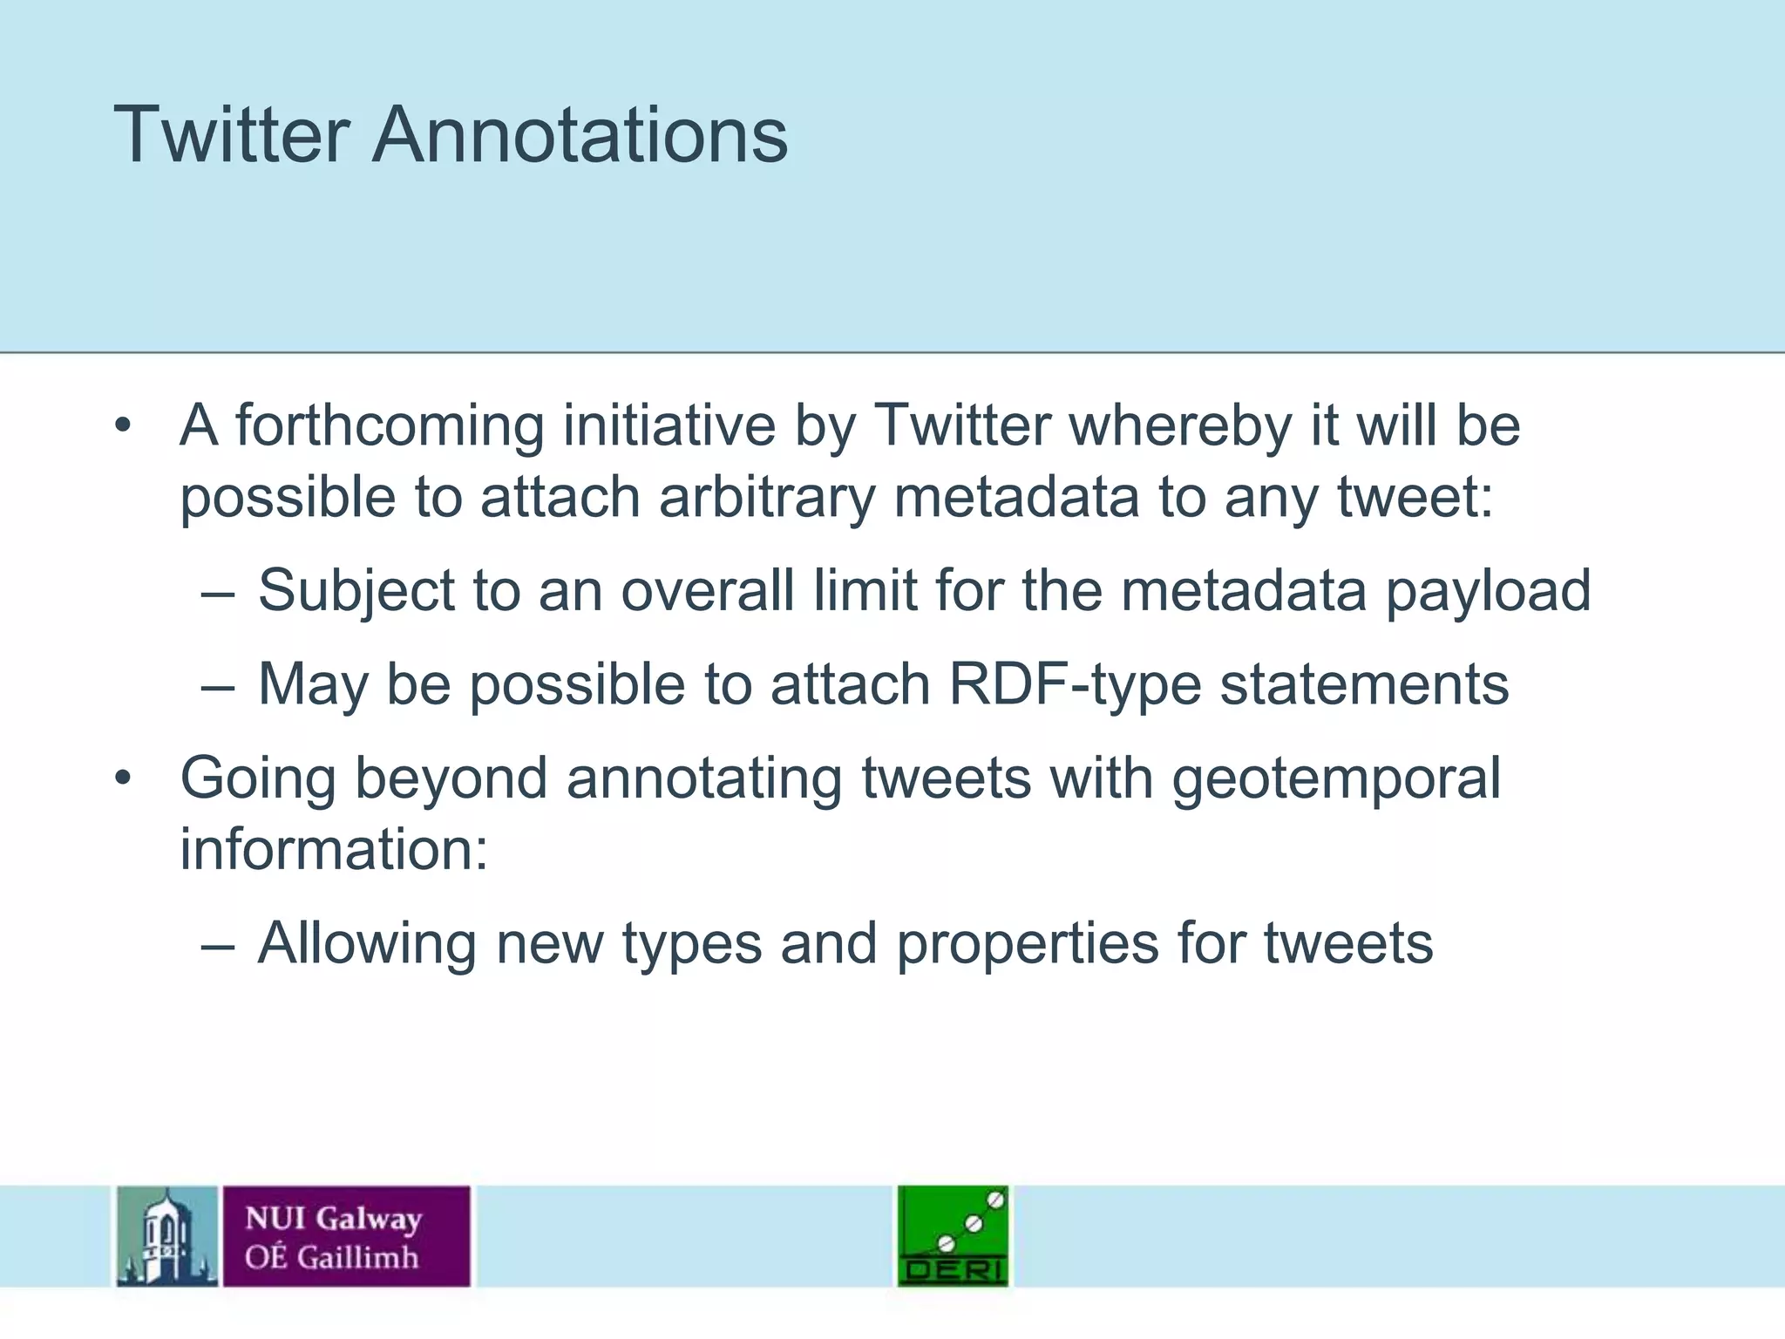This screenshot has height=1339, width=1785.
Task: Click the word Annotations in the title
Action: [580, 135]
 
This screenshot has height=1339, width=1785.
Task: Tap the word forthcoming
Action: [390, 427]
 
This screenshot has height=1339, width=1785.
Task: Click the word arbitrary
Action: [766, 499]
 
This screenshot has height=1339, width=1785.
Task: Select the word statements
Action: [1364, 685]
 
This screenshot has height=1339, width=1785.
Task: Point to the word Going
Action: [258, 778]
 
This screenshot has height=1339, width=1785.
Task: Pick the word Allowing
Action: [367, 945]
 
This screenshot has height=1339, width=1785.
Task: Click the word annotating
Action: [704, 778]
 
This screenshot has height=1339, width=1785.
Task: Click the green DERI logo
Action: [953, 1235]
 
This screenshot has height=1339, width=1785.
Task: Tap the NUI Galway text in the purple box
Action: [333, 1218]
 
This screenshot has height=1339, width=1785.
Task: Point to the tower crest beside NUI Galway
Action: [167, 1235]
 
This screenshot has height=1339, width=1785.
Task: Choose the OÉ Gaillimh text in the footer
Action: [331, 1258]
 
